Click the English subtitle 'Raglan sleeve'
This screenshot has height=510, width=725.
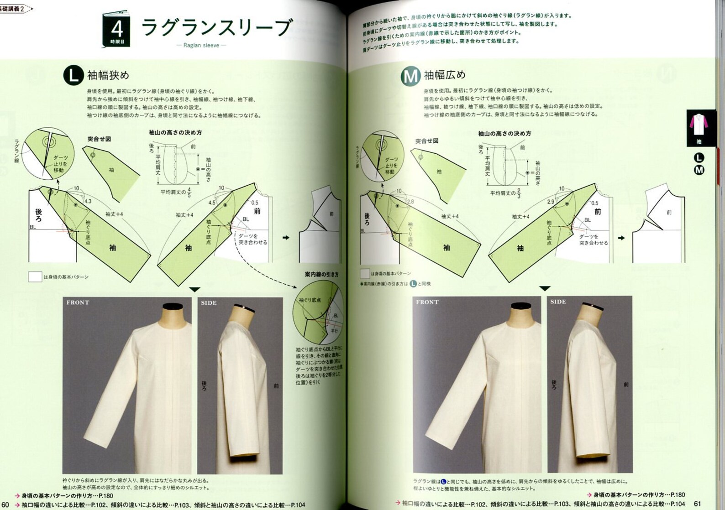point(201,45)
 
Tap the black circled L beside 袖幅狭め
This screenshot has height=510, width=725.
point(73,75)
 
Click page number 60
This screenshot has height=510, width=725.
point(5,504)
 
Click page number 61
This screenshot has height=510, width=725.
point(697,504)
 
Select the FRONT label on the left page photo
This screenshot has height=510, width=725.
point(78,302)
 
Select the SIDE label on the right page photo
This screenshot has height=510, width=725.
point(558,302)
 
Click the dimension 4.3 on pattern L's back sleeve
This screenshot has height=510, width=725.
point(88,201)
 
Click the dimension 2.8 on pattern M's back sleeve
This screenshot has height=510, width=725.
point(410,201)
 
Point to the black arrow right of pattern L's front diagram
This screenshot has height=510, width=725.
point(286,238)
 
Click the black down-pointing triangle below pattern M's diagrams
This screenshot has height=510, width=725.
point(545,288)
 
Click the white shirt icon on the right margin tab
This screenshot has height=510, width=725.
point(699,125)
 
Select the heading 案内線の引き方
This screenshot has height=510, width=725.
point(321,275)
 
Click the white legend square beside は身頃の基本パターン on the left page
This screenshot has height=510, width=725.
point(35,277)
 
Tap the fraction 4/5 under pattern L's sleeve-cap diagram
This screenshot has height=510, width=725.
point(189,192)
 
